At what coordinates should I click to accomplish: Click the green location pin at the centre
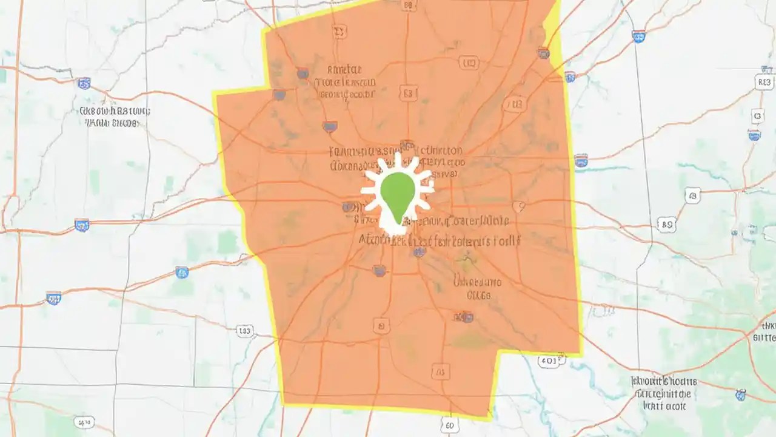pos(398,194)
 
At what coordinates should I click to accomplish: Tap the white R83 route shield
pos(764,82)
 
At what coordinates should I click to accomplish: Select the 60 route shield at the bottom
pos(449,424)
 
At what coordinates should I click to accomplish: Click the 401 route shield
pos(548,361)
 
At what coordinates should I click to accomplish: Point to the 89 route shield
pos(666,225)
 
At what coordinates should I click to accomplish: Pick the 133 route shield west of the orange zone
pos(244,331)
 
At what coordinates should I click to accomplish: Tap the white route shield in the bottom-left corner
pos(83,422)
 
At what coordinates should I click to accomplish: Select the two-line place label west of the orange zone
pos(115,117)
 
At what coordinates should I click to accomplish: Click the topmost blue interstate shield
pos(638,36)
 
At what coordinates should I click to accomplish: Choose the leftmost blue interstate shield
pos(53,297)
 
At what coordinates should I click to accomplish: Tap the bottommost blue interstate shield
pos(740,395)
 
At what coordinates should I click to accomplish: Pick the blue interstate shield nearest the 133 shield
pos(182,273)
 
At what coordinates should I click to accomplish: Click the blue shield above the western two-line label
pos(84,83)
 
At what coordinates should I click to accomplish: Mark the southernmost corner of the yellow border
pos(490,418)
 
